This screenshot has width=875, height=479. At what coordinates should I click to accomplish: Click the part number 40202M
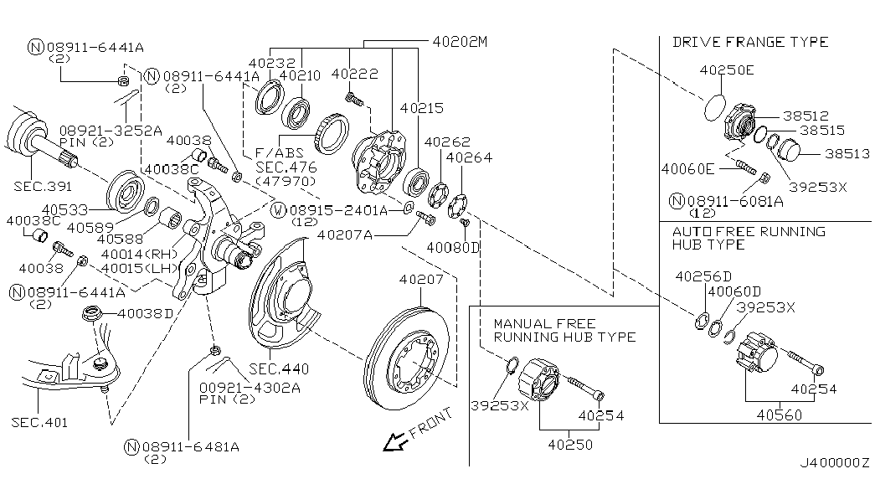[459, 41]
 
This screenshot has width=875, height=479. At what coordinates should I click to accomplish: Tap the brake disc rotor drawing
[407, 358]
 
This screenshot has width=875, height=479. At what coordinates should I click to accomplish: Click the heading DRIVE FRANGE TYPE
[750, 42]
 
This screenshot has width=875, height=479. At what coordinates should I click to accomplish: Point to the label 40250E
[727, 70]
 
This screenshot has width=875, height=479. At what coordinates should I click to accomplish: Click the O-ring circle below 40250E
[715, 107]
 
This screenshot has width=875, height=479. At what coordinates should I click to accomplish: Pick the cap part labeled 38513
[789, 150]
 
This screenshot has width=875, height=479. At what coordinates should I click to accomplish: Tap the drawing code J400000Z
[835, 463]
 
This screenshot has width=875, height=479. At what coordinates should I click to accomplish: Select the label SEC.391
[43, 186]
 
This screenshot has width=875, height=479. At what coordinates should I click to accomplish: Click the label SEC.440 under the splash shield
[279, 368]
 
